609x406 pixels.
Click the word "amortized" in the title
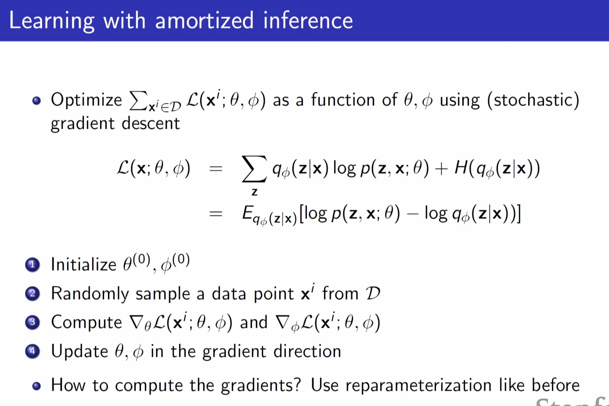(204, 21)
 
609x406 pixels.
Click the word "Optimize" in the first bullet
(86, 100)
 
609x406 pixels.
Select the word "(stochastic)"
(533, 101)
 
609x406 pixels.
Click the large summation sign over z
(254, 169)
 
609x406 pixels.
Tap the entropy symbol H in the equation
(461, 168)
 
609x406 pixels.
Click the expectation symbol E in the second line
(247, 214)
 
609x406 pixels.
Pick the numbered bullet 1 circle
(32, 265)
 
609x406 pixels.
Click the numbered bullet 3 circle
(32, 323)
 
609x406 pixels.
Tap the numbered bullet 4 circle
(32, 352)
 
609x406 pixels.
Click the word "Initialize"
(83, 265)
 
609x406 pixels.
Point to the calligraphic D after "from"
(373, 293)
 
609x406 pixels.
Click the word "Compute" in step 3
(86, 323)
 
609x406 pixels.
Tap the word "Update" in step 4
(79, 352)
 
